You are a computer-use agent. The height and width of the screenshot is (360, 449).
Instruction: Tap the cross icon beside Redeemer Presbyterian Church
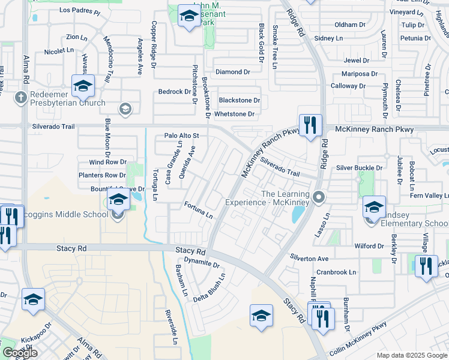[20, 97]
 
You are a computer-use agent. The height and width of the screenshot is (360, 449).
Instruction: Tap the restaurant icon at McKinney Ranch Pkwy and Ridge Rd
[310, 126]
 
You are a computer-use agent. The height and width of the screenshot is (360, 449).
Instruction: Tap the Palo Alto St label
[181, 136]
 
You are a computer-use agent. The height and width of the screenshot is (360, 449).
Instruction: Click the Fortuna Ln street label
[199, 210]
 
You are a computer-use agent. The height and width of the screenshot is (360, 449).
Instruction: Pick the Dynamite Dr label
[202, 263]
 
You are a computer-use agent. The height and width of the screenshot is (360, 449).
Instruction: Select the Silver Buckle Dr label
[360, 168]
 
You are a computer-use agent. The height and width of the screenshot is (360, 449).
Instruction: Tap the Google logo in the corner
[20, 353]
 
